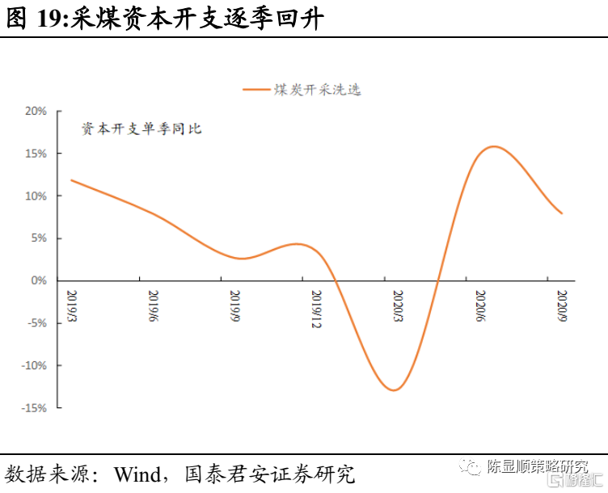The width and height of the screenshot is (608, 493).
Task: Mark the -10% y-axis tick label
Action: click(35, 366)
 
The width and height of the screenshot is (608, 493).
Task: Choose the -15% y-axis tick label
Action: click(35, 408)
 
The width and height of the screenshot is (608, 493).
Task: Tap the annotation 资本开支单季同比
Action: click(141, 129)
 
